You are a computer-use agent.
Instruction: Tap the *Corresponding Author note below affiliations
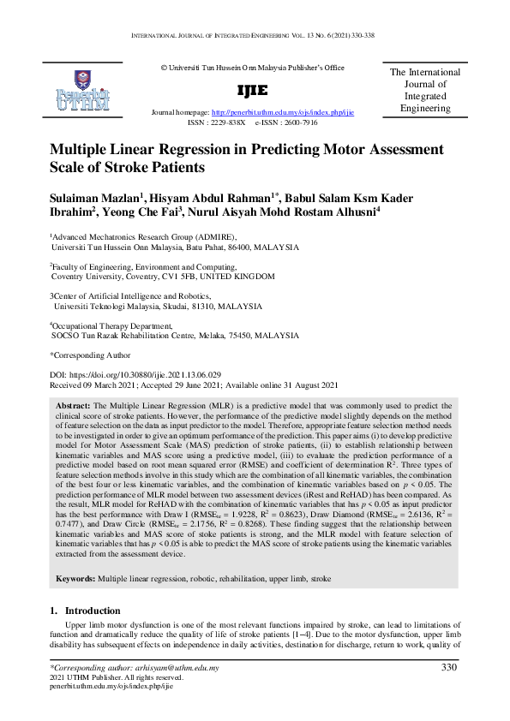(x=91, y=354)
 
